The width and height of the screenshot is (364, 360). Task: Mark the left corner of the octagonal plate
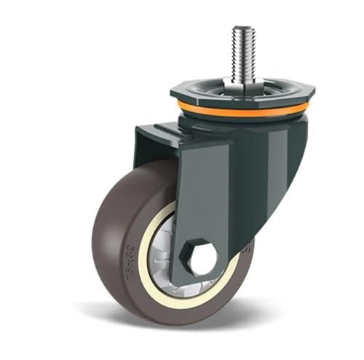click(173, 93)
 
